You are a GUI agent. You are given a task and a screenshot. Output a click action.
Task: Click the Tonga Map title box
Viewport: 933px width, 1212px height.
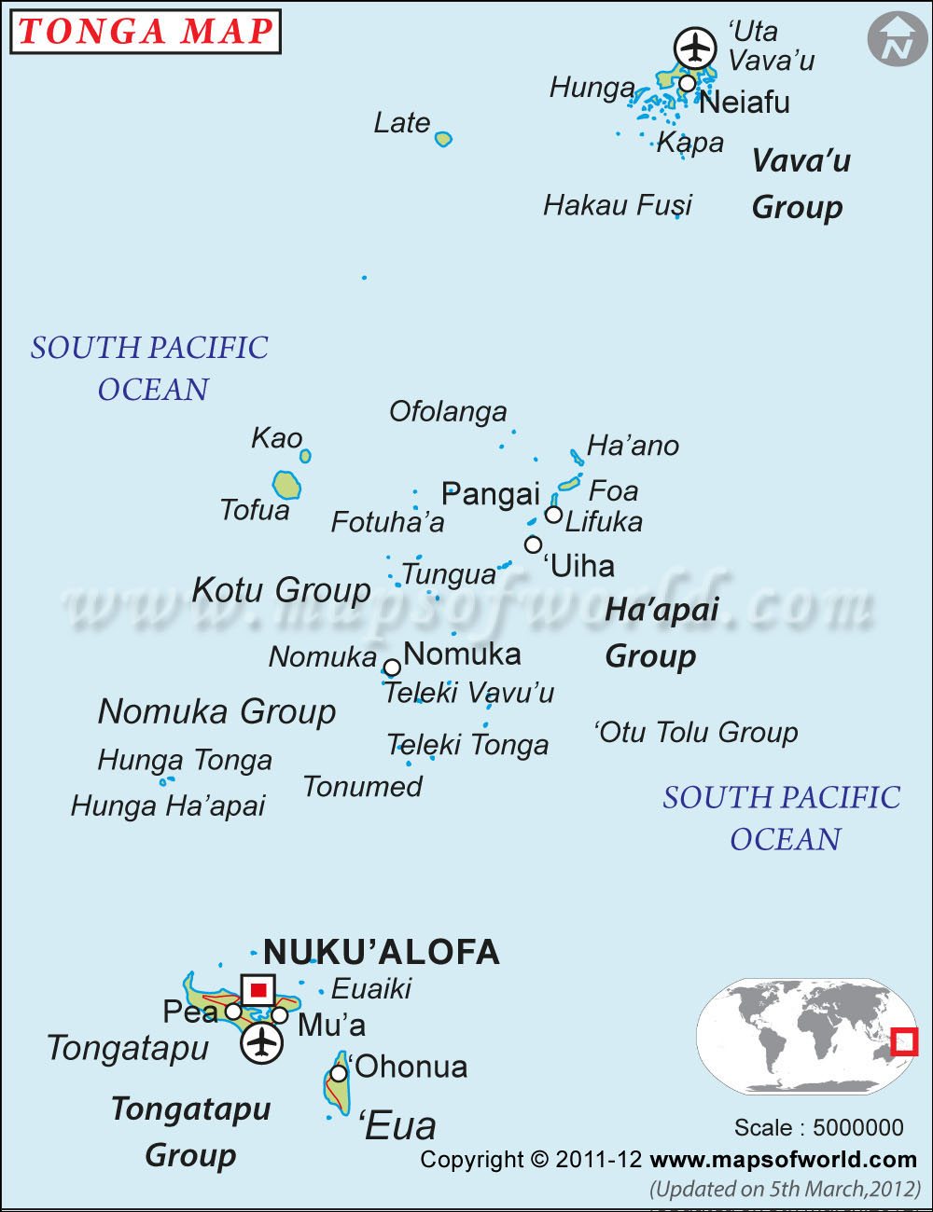146,31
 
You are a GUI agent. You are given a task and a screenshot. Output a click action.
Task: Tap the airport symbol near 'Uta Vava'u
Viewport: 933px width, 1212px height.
695,47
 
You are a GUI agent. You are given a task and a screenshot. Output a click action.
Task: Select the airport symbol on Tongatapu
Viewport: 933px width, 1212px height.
262,1042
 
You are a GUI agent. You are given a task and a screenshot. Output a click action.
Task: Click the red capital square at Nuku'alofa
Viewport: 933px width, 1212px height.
258,990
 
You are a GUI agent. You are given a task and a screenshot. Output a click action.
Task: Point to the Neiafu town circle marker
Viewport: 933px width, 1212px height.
687,84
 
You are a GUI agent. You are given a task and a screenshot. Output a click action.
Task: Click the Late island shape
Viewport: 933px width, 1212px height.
443,139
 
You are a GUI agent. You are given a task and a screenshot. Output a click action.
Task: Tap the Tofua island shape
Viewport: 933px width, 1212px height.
286,485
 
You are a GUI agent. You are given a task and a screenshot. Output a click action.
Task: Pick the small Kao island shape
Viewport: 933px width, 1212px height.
305,456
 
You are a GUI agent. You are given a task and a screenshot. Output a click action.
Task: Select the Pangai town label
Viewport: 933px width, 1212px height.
491,494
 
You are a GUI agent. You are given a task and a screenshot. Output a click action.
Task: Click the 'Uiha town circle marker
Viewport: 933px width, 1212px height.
533,544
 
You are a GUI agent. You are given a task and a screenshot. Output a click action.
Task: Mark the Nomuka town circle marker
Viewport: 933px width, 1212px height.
393,668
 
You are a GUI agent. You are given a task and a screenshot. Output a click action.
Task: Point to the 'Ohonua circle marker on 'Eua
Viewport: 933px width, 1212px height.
339,1074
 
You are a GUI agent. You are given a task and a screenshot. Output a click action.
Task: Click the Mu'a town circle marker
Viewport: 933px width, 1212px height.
280,1015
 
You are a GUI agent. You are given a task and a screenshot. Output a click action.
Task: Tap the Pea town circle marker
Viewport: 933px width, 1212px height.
233,1012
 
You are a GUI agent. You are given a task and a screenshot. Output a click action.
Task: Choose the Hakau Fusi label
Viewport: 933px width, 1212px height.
618,205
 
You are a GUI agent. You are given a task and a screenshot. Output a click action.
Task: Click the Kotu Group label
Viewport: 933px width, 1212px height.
281,590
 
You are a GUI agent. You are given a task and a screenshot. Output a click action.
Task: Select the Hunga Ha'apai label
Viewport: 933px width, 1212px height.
168,806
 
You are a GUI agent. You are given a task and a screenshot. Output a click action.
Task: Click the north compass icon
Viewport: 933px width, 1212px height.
898,40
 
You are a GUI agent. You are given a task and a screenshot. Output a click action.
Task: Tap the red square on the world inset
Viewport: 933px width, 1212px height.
904,1041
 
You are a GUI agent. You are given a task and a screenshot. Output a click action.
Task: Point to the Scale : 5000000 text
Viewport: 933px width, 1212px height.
818,1127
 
